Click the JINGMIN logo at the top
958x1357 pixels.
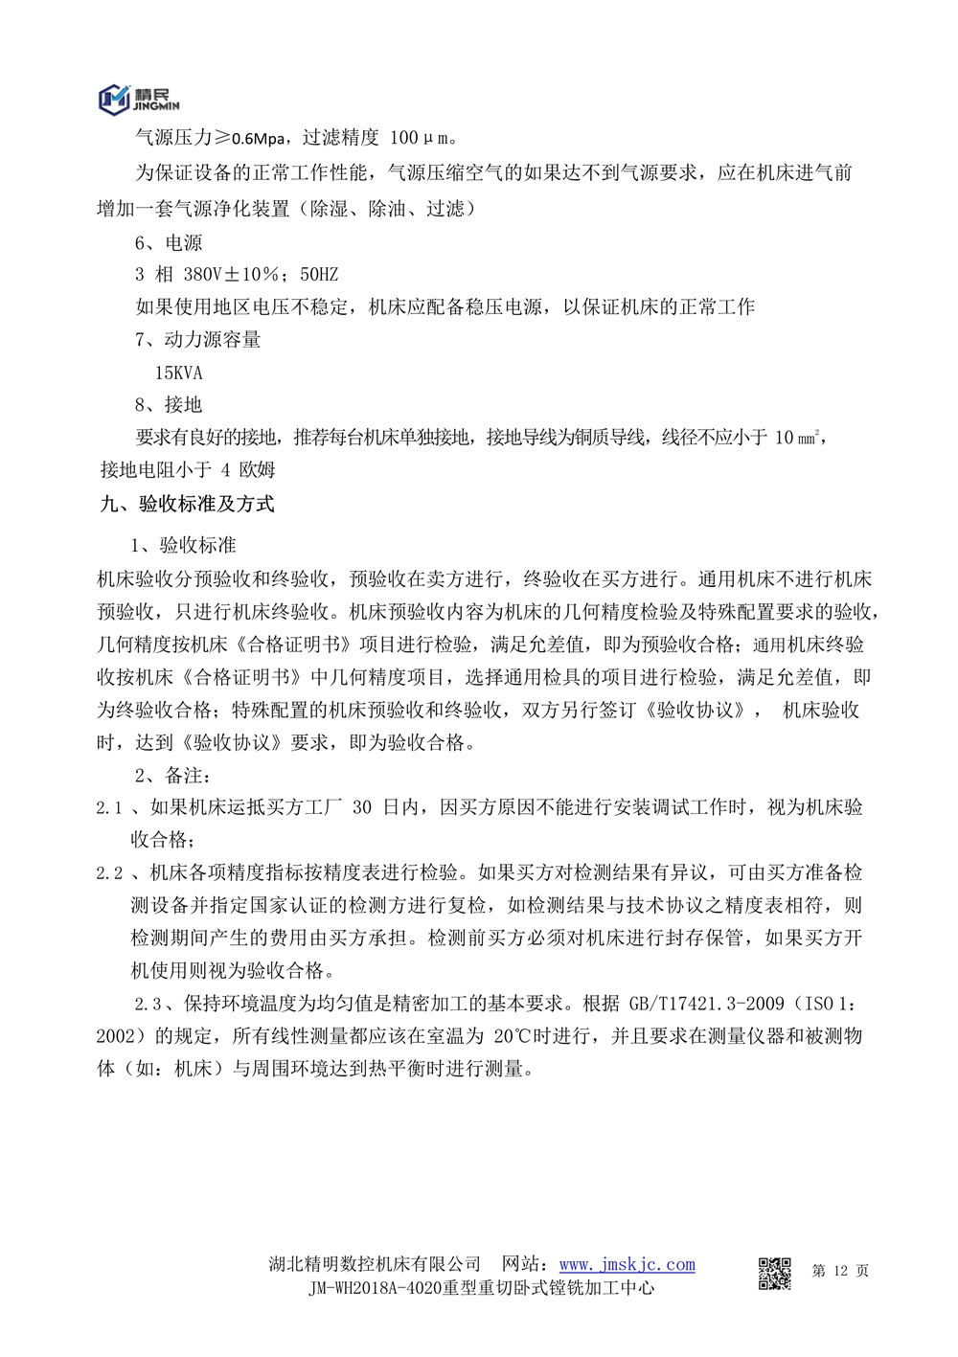tap(138, 97)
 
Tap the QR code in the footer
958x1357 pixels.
tap(774, 1273)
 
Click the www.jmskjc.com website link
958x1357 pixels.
tap(627, 1265)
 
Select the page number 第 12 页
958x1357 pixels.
tap(840, 1271)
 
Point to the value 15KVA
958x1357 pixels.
tap(178, 373)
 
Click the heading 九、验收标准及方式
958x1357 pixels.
tap(187, 504)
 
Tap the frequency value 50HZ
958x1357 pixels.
tap(319, 275)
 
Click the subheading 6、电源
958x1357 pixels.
tap(169, 243)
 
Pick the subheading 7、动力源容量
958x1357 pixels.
tap(197, 340)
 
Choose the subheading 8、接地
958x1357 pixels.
tap(169, 405)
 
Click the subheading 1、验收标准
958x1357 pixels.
tap(183, 546)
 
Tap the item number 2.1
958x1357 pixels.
tap(109, 808)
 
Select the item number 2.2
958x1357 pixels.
tap(109, 873)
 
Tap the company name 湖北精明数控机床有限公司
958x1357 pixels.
tap(375, 1265)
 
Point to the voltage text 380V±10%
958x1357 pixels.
tap(238, 275)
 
